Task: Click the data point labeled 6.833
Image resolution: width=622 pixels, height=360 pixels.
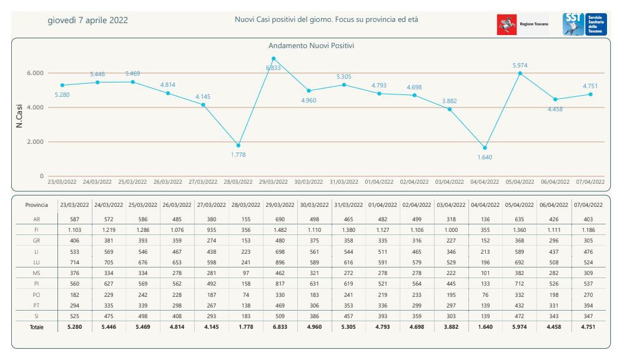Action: pos(274,59)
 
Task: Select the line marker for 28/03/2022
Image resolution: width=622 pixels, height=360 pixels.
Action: pos(238,145)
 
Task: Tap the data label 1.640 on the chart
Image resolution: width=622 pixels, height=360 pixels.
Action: pos(485,157)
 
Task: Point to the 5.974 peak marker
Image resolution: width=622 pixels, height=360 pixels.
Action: pos(520,73)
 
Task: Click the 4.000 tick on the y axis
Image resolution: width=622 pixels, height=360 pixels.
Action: pos(34,107)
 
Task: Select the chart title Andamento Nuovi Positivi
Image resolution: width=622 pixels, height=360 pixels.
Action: pos(312,46)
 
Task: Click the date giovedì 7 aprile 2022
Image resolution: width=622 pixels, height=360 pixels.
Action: pos(88,20)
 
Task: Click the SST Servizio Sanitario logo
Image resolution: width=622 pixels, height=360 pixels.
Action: pos(585,24)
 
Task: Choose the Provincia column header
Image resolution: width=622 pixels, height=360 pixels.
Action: pos(36,205)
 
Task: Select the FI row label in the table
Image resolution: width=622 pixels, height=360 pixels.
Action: pos(36,230)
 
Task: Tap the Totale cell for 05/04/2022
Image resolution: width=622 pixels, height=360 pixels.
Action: pos(520,327)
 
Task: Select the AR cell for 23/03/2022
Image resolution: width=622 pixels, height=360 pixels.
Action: pos(74,219)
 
